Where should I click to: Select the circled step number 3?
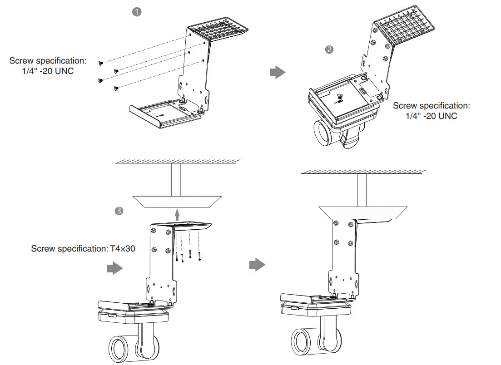coord(119,211)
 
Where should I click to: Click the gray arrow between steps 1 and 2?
coord(278,72)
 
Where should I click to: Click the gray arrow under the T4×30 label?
coord(114,269)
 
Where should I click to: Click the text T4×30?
coord(122,249)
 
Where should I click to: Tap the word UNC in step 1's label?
coord(63,71)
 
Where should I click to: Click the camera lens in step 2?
coord(323,134)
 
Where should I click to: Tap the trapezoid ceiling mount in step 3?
coord(177,202)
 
